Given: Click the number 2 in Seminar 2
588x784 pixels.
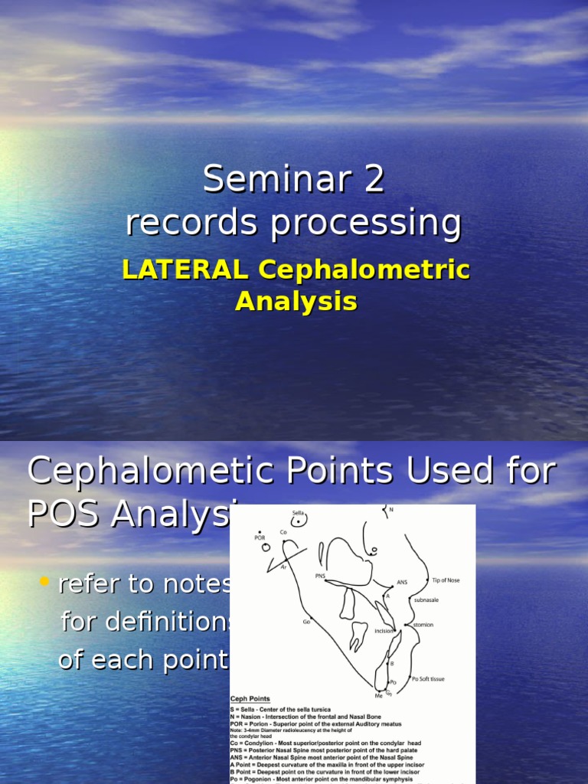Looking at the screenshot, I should (369, 180).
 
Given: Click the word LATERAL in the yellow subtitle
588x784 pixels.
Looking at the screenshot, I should (185, 269).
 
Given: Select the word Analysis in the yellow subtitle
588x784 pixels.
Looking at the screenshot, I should (296, 301).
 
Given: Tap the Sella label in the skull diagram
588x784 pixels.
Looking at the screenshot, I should (299, 512).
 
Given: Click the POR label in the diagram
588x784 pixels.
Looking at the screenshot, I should (259, 537).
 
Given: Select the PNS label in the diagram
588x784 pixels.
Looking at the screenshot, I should (320, 575).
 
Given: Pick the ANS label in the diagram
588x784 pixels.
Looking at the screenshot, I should (402, 582).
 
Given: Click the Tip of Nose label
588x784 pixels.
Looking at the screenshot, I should (446, 580).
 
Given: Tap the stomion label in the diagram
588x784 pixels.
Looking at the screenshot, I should (423, 625).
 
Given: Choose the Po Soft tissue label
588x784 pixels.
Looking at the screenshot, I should (428, 679).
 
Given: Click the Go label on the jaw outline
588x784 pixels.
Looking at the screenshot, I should (306, 621).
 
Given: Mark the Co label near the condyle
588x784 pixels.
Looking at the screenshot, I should (283, 532).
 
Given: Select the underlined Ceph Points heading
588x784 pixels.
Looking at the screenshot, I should (250, 699).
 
